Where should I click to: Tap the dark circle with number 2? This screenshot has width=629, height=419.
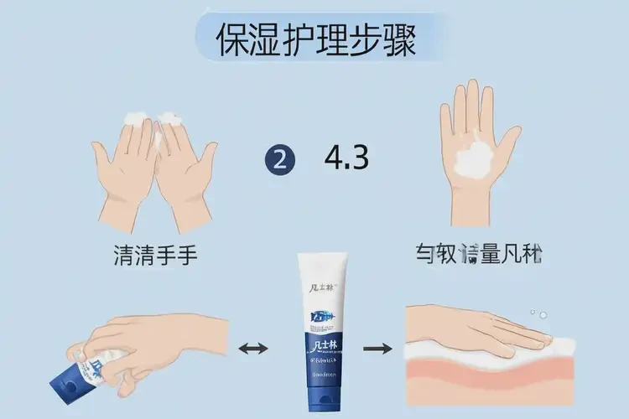pos(279,158)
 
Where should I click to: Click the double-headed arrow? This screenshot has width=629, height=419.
pos(254,348)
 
